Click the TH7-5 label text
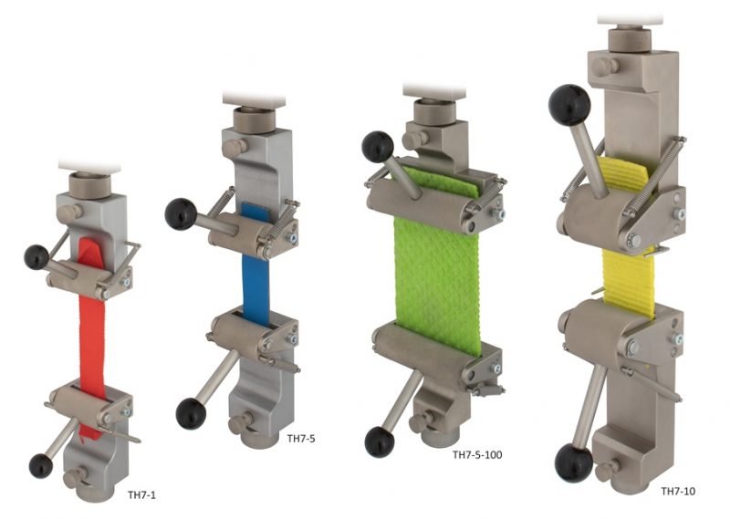click(302, 440)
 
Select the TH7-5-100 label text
click(485, 453)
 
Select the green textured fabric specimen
click(435, 274)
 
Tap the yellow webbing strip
click(628, 274)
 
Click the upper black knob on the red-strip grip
click(37, 257)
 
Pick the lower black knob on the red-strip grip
click(41, 466)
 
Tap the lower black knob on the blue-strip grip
click(190, 412)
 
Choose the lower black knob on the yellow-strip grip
click(573, 465)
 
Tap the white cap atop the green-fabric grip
click(434, 89)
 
